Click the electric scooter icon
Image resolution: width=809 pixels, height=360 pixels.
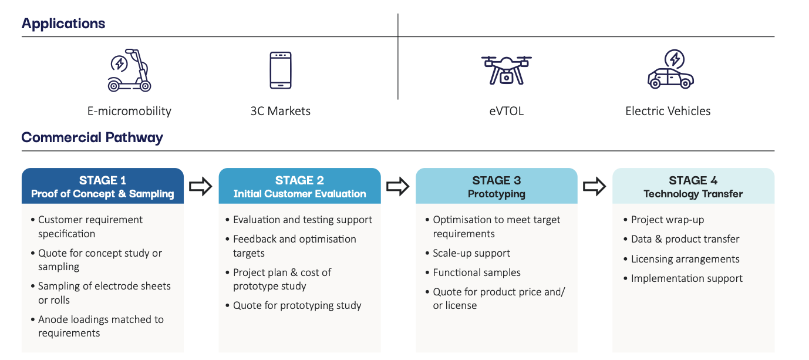pyautogui.click(x=129, y=70)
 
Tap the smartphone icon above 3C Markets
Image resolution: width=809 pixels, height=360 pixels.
pyautogui.click(x=281, y=70)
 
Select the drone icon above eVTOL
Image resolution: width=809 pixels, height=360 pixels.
pyautogui.click(x=506, y=70)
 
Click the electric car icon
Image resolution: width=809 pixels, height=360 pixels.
pyautogui.click(x=670, y=69)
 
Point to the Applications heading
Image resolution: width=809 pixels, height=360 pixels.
pyautogui.click(x=63, y=23)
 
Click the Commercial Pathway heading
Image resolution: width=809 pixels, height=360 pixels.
pyautogui.click(x=92, y=137)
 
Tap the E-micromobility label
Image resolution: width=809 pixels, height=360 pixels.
pyautogui.click(x=129, y=111)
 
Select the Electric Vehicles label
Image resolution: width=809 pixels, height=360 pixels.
pyautogui.click(x=668, y=111)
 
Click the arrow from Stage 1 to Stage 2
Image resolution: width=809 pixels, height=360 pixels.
pyautogui.click(x=201, y=187)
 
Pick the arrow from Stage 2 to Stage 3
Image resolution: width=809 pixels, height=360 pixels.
pyautogui.click(x=398, y=187)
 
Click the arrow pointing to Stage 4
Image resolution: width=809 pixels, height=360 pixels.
pyautogui.click(x=595, y=187)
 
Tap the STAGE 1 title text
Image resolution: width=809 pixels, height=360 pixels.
pyautogui.click(x=103, y=180)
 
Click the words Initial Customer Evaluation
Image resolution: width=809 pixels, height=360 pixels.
pyautogui.click(x=300, y=194)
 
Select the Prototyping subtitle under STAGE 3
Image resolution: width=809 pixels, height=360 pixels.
pyautogui.click(x=497, y=194)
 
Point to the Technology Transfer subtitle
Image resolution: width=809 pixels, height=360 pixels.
pyautogui.click(x=693, y=194)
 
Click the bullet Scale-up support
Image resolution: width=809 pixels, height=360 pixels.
pyautogui.click(x=468, y=253)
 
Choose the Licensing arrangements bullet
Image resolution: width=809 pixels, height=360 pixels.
pyautogui.click(x=682, y=259)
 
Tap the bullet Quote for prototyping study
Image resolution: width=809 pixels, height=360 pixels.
pyautogui.click(x=294, y=305)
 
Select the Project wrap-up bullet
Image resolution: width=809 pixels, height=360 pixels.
pyautogui.click(x=664, y=220)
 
